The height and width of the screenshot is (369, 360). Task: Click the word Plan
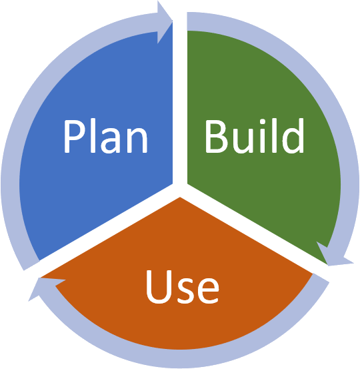[106, 136]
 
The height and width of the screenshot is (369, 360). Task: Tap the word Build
[255, 136]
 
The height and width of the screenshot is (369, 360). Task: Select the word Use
[183, 286]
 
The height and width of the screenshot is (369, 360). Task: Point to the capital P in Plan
[74, 137]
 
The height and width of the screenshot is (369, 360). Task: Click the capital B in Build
[215, 137]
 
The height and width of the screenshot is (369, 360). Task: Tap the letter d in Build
[293, 136]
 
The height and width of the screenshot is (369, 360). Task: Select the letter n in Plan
[137, 141]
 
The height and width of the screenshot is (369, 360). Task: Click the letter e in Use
[208, 291]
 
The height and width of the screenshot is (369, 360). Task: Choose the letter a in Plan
[111, 141]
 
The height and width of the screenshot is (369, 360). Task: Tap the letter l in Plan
[93, 136]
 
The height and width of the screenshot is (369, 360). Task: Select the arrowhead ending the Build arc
[333, 256]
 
